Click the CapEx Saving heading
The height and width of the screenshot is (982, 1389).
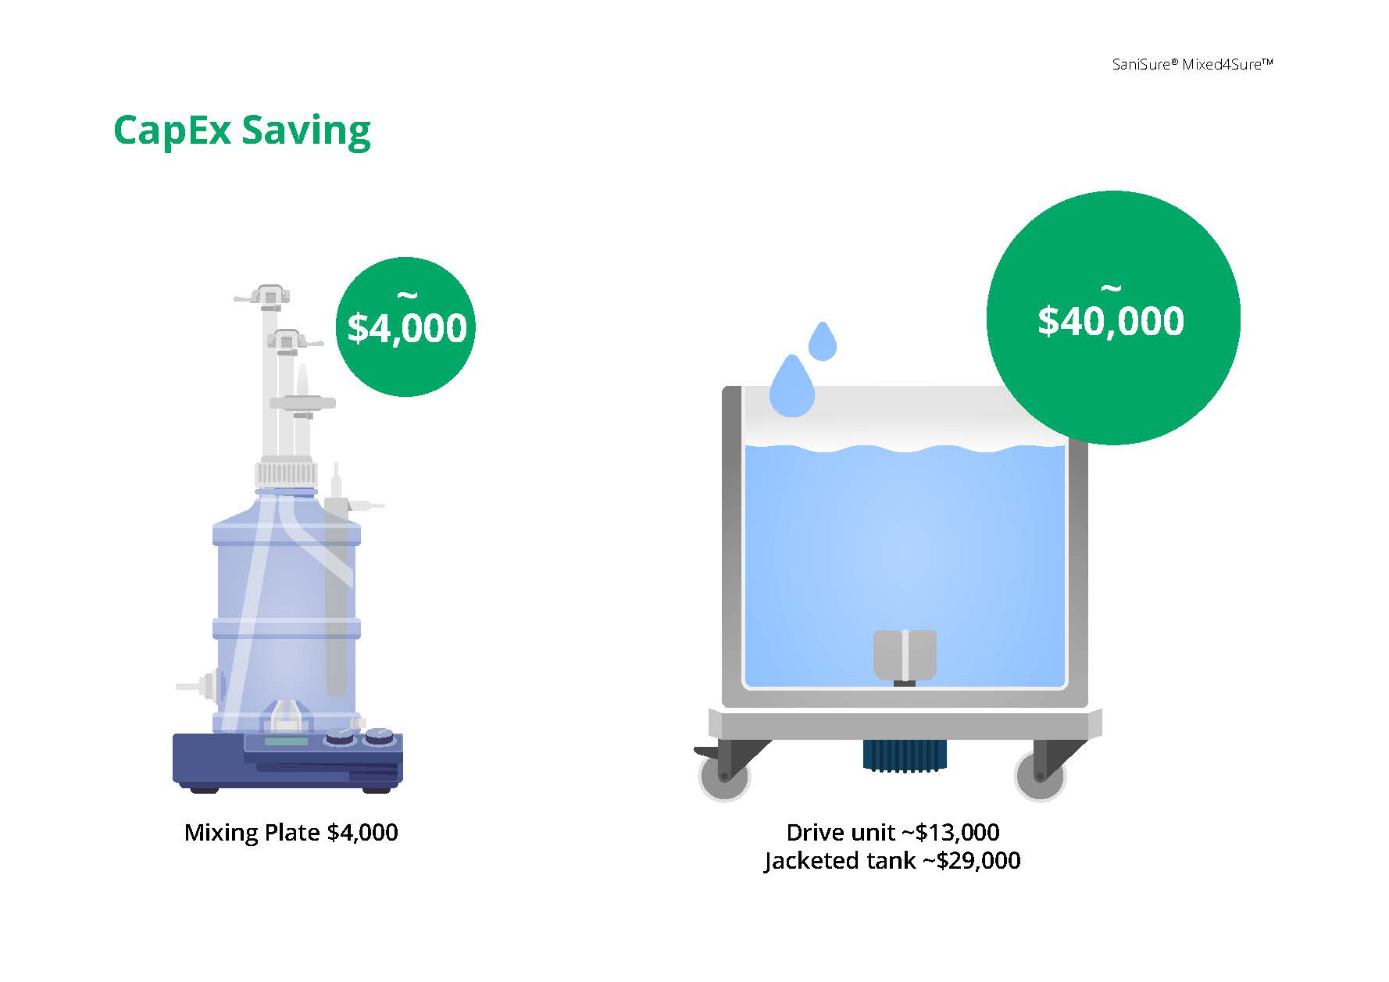pos(242,131)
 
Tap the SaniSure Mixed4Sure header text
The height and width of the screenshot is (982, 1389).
pos(1193,65)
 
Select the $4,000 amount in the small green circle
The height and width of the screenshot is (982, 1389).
pos(407,328)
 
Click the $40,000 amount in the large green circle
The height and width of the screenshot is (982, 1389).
pos(1111,321)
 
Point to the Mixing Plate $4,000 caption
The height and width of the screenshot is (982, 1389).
pos(291,833)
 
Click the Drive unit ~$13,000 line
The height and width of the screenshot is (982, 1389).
pos(893,832)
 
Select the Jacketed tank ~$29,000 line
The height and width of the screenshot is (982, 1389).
pos(892,861)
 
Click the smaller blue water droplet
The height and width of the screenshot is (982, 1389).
pos(822,341)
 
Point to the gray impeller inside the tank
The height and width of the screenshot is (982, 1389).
pos(904,655)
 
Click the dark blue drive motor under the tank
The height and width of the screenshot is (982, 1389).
pos(904,755)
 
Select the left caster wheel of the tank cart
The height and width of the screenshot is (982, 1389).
pos(723,775)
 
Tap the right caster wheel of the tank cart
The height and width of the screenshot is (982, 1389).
pos(1040,775)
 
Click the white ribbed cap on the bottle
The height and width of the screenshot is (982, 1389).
pos(287,473)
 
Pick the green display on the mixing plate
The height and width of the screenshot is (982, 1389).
pos(286,741)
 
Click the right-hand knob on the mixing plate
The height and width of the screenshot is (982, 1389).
pos(380,735)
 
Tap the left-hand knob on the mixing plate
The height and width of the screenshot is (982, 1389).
pos(340,736)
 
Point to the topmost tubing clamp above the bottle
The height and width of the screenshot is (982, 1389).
pos(268,297)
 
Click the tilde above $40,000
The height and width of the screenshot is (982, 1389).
pos(1110,290)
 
